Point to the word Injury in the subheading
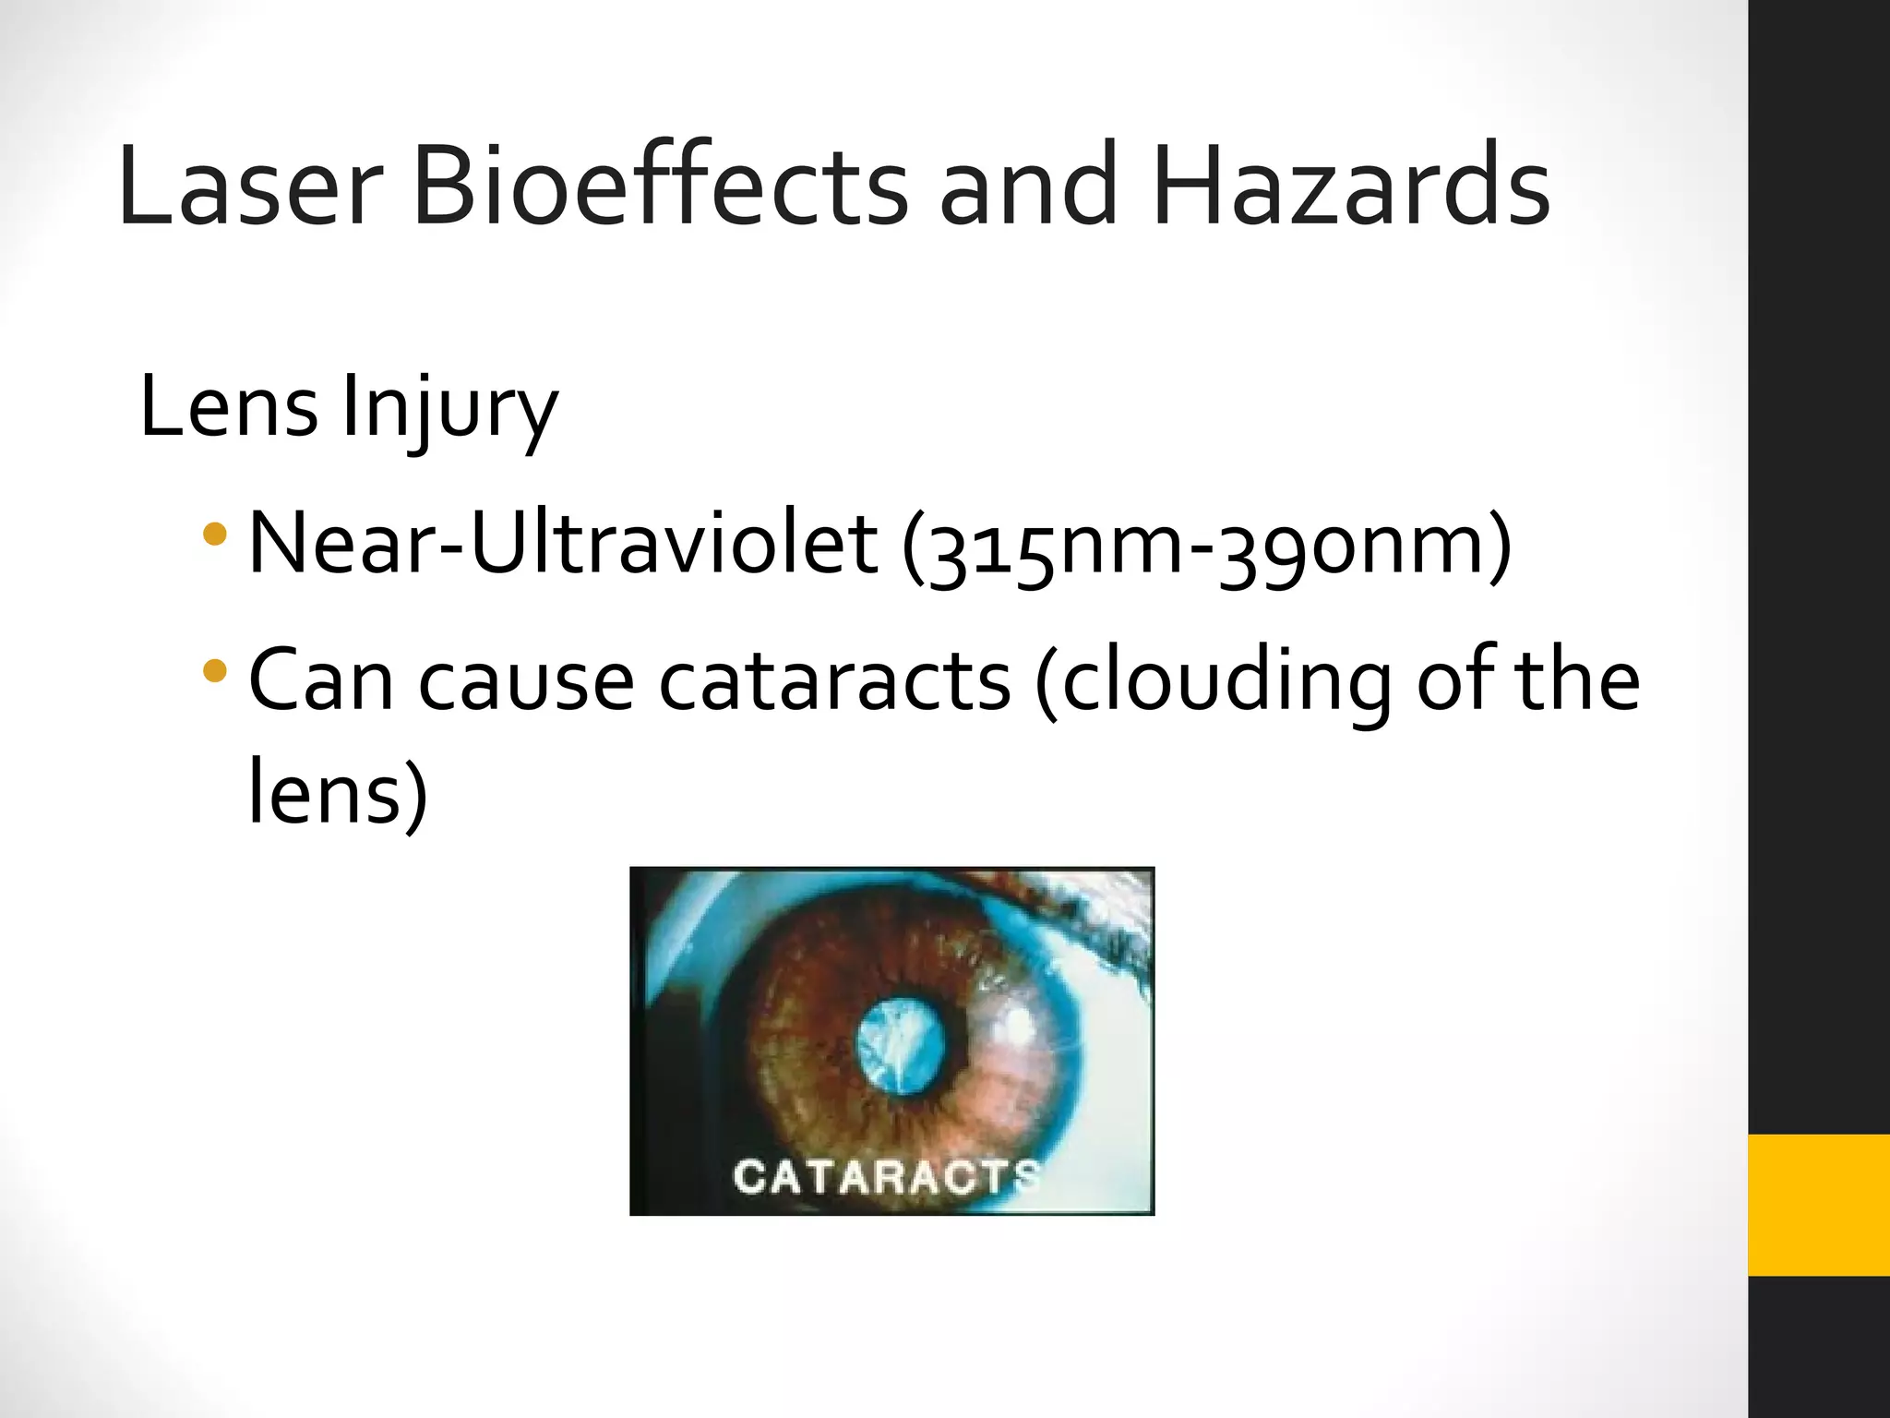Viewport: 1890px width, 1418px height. pyautogui.click(x=449, y=408)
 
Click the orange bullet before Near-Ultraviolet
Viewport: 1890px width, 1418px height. pyautogui.click(x=215, y=534)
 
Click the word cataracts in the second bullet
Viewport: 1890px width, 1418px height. pyautogui.click(x=834, y=681)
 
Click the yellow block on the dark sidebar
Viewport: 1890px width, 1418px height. pyautogui.click(x=1818, y=1205)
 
